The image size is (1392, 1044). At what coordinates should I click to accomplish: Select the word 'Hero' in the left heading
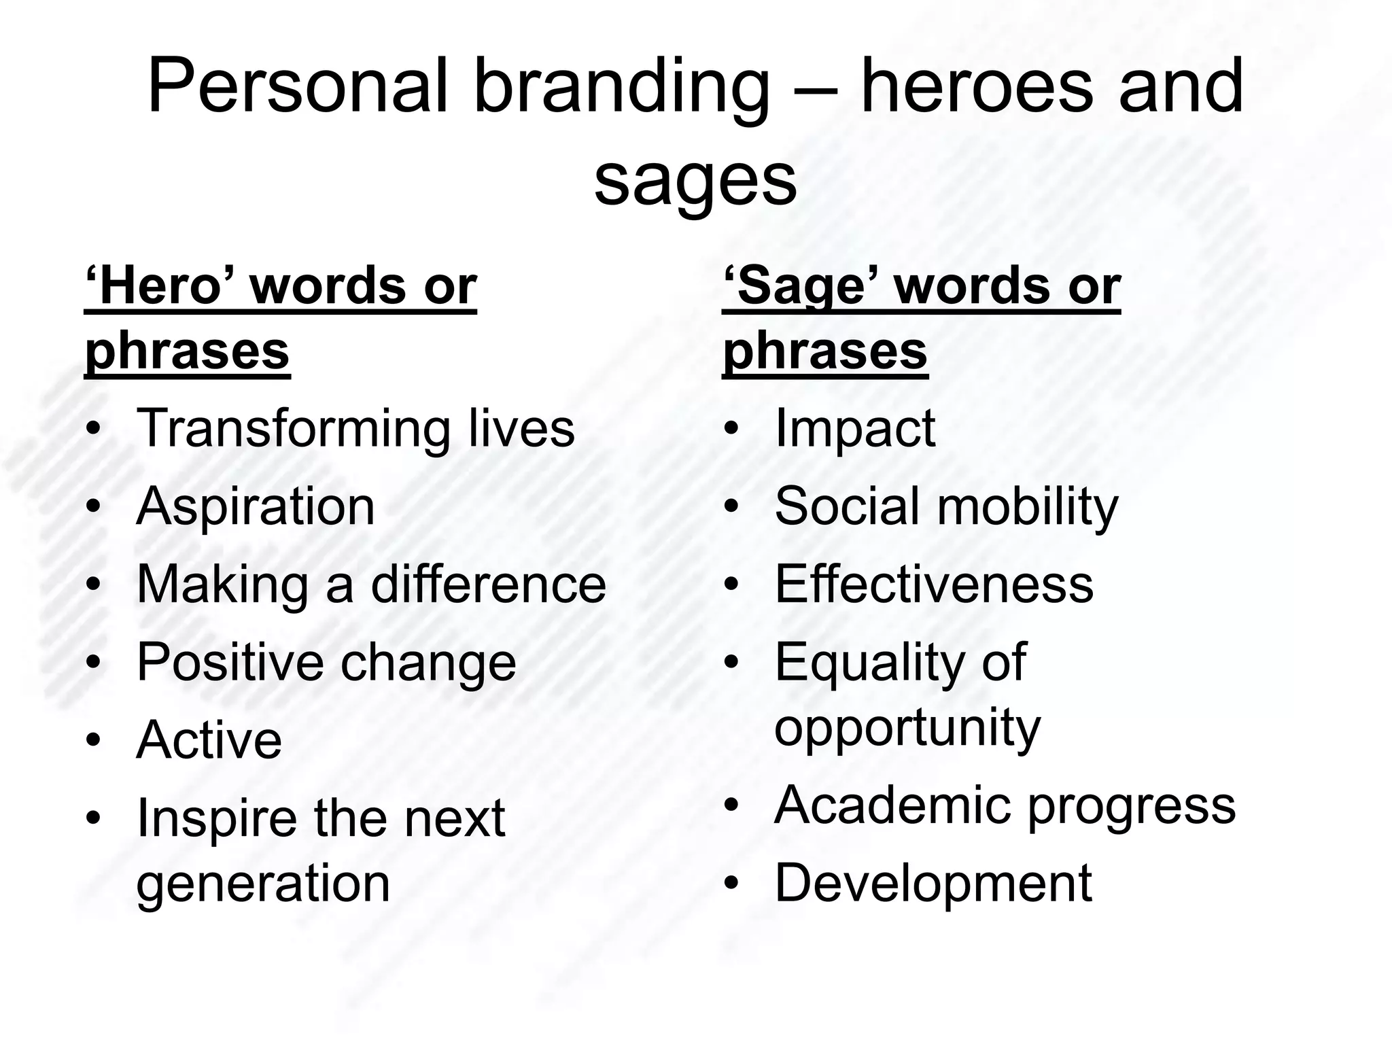pyautogui.click(x=167, y=287)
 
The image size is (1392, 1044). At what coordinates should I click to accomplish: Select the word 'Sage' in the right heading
pyautogui.click(x=805, y=287)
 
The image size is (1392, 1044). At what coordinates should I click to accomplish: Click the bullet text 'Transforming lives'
pyautogui.click(x=355, y=428)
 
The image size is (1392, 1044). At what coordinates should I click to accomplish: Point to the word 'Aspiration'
pyautogui.click(x=256, y=506)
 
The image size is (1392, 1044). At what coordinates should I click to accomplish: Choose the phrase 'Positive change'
pyautogui.click(x=326, y=662)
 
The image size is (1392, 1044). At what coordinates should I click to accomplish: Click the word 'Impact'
pyautogui.click(x=855, y=428)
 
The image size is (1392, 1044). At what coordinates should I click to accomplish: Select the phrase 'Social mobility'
pyautogui.click(x=945, y=506)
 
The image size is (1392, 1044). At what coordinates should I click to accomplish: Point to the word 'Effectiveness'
pyautogui.click(x=934, y=585)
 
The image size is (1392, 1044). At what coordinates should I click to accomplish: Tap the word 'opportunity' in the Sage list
pyautogui.click(x=907, y=727)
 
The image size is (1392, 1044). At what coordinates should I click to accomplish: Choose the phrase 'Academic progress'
pyautogui.click(x=1005, y=805)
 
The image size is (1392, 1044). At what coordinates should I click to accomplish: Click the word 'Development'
pyautogui.click(x=933, y=883)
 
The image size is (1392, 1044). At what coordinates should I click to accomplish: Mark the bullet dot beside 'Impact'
pyautogui.click(x=731, y=430)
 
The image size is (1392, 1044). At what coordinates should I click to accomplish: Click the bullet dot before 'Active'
pyautogui.click(x=93, y=740)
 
